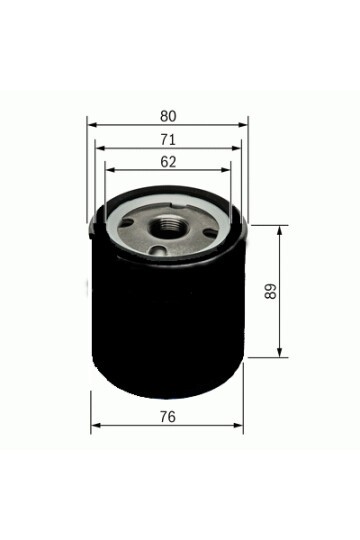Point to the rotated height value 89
point(271,291)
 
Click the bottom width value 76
point(167,416)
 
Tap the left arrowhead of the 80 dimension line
point(92,125)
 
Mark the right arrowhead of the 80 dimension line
point(243,125)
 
